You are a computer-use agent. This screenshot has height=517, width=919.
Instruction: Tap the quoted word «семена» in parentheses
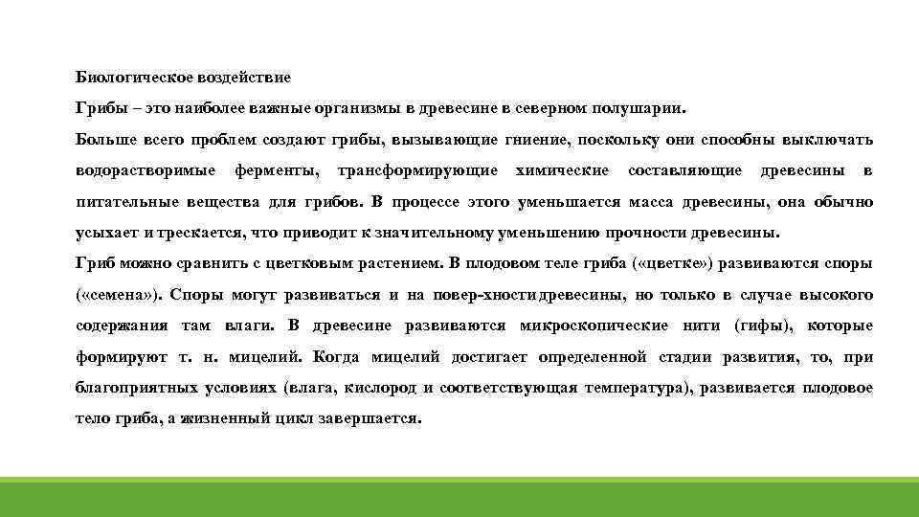click(x=117, y=295)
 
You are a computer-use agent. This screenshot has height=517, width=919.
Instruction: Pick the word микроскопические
click(x=594, y=326)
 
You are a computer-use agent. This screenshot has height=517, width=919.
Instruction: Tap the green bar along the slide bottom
click(x=459, y=497)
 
